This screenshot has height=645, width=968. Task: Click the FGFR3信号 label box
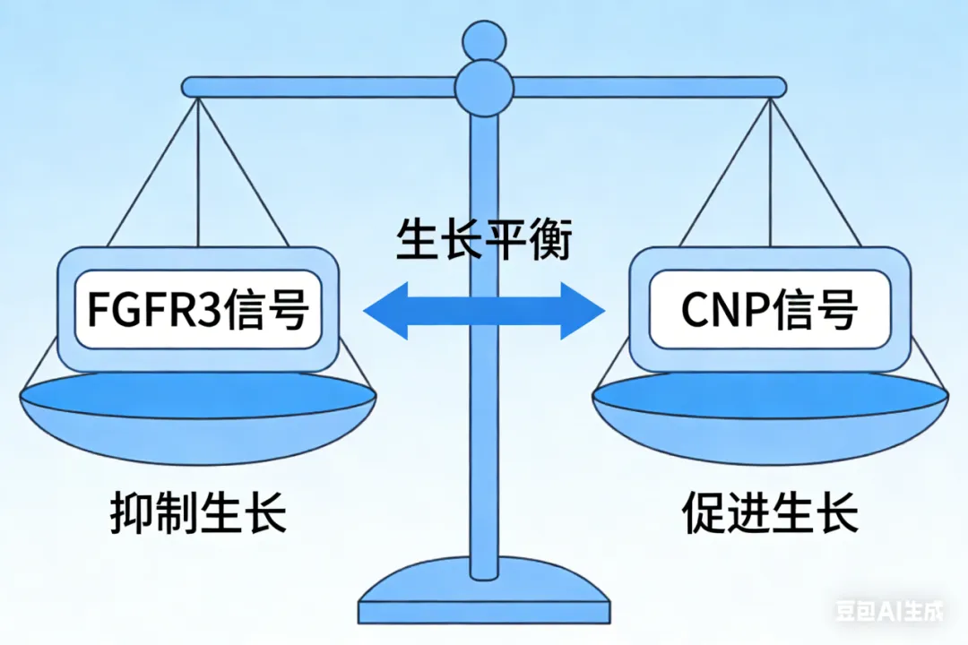coord(198,309)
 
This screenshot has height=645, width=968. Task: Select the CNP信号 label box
coord(769,309)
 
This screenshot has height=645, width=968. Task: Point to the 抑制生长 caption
coord(198,513)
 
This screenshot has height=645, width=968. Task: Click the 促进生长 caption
coord(770,513)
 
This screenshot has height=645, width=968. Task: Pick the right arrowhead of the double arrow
coord(583,311)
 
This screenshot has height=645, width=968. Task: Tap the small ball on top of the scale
coord(484,38)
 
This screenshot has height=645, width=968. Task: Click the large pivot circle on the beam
coord(484,87)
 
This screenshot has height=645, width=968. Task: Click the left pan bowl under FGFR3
coord(198,421)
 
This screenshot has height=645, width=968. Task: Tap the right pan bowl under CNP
coord(770,421)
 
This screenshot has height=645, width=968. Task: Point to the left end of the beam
coord(190,87)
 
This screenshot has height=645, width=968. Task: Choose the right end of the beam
coord(778,87)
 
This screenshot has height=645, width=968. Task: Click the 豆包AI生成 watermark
coord(889,613)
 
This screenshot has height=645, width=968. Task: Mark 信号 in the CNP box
coord(819,310)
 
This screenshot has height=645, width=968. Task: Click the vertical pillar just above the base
coord(484,529)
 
